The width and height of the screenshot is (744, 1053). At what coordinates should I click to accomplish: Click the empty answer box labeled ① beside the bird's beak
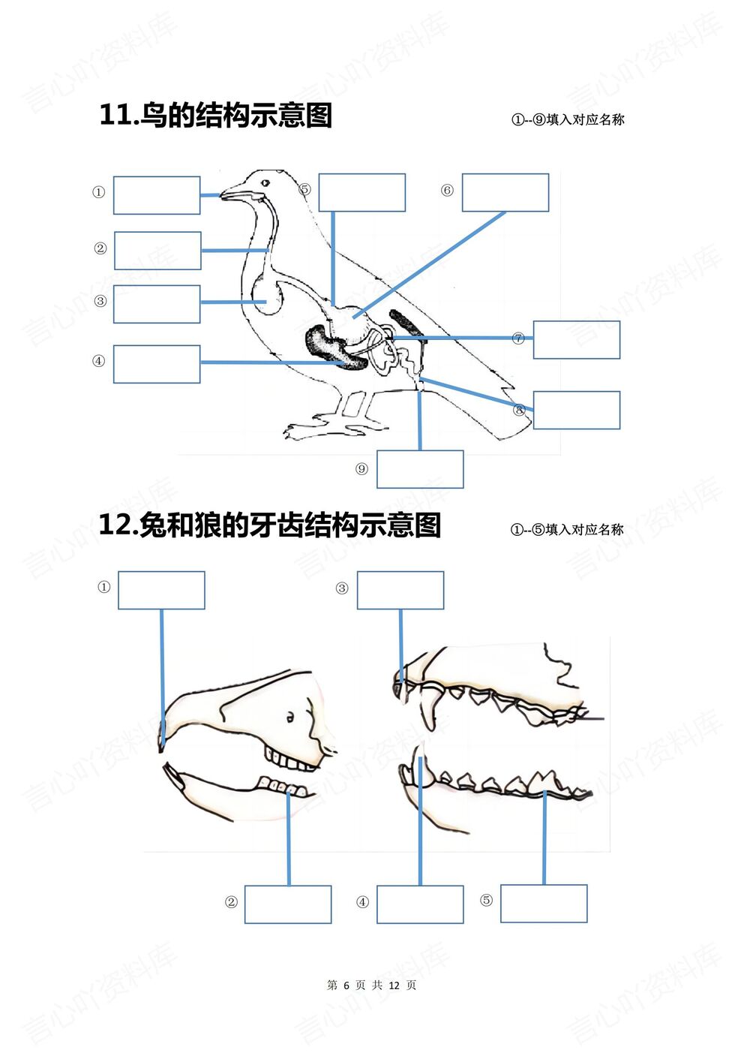156,195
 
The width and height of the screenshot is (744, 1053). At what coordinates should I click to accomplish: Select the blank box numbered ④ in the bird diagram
156,364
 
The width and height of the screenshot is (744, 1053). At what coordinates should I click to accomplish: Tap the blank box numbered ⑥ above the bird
505,192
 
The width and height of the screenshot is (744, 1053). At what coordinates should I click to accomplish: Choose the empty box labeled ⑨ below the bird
419,469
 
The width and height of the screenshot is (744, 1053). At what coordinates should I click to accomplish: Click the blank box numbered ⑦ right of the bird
576,339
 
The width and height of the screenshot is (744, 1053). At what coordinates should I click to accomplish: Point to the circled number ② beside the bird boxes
100,248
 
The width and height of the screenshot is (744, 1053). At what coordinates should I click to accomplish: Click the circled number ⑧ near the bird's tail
519,410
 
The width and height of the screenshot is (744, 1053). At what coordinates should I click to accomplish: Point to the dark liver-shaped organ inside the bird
330,347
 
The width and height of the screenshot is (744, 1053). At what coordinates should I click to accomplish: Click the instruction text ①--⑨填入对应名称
568,120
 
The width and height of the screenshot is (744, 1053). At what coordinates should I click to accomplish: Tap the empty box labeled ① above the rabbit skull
161,590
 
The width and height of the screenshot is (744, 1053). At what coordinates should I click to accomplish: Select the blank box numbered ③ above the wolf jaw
400,590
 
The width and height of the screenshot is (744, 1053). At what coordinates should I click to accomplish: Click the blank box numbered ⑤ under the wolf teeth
543,904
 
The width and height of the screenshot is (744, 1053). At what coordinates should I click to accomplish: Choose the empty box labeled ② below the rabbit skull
287,904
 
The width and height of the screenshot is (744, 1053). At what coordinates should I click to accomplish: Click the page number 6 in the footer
346,985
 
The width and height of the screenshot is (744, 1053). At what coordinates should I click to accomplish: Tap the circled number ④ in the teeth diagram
362,902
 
